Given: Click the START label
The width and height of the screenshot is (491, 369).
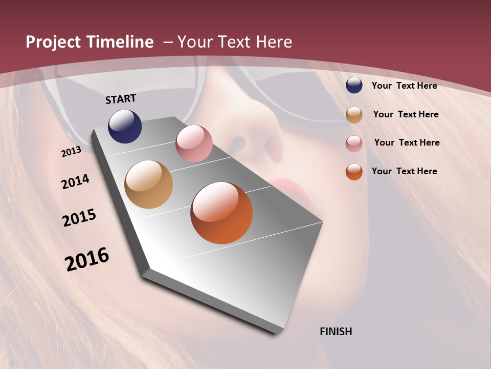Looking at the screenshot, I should [121, 98].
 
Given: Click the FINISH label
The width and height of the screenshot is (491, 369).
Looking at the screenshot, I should [336, 332].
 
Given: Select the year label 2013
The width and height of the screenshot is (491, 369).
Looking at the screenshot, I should [71, 152].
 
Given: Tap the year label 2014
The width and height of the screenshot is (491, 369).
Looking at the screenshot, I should [76, 182].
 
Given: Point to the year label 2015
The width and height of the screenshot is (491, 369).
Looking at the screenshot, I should [79, 218].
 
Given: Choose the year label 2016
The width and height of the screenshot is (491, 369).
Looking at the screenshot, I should [87, 259].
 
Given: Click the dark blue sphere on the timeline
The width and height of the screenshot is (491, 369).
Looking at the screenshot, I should [125, 126].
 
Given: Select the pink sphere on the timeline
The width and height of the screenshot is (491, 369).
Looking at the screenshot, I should [194, 143].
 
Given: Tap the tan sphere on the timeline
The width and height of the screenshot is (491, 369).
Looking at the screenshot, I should [148, 184].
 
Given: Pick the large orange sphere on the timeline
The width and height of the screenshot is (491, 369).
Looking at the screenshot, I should [221, 213].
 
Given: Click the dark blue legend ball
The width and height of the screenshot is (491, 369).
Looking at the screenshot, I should [354, 85].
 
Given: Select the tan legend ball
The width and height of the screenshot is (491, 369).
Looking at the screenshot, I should [354, 115].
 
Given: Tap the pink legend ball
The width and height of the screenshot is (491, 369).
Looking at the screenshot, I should [354, 143].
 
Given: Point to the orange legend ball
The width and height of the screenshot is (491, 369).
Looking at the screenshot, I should [354, 172].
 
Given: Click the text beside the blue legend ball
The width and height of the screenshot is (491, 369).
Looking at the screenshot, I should [404, 86].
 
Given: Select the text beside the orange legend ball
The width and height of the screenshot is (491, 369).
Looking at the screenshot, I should [404, 171].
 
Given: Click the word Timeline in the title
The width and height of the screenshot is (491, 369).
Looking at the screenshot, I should [120, 42].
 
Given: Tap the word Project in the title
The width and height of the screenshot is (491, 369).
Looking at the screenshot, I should [53, 42].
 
